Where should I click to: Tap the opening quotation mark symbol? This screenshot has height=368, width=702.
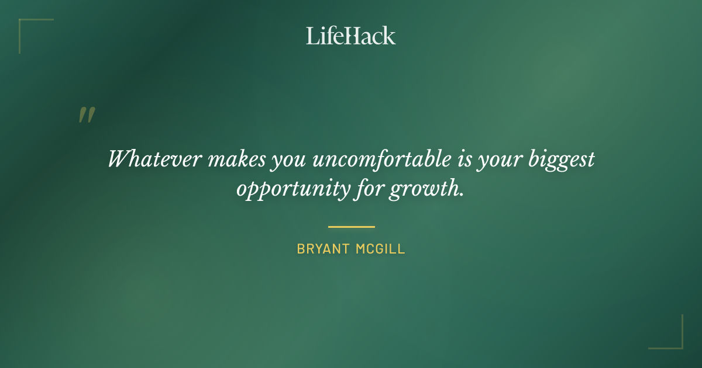86,115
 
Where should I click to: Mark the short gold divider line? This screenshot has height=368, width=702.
351,227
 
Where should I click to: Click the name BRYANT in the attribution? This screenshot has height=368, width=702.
323,249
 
